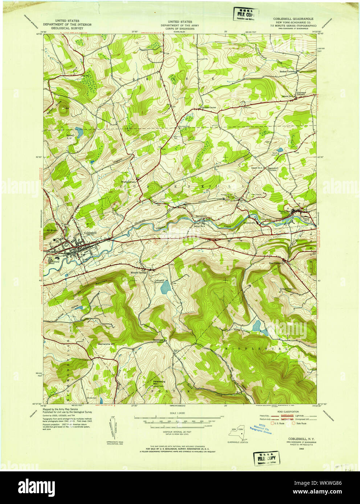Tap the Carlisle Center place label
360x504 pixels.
coord(209,107)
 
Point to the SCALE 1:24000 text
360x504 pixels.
coord(175,413)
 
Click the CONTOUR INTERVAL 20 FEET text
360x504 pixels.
coord(175,433)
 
